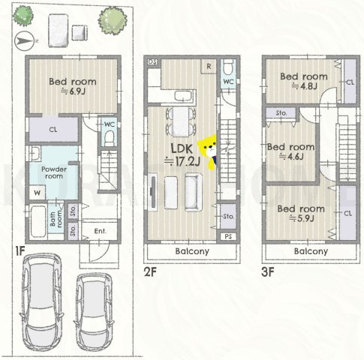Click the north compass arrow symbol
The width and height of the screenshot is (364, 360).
[x=24, y=41]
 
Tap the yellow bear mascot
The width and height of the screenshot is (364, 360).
[x=208, y=151]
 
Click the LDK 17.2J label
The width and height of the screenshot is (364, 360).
[x=182, y=155]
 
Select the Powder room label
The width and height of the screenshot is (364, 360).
[x=54, y=172]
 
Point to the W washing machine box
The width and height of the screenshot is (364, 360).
[x=38, y=193]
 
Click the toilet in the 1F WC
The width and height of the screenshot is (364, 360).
[x=109, y=139]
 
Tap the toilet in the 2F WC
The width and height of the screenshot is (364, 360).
[x=227, y=67]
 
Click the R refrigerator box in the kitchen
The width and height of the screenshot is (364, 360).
[x=209, y=67]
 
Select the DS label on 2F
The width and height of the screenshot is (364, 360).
[x=152, y=61]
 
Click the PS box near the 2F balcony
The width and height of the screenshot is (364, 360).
[x=228, y=236]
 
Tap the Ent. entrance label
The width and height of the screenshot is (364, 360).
[x=101, y=231]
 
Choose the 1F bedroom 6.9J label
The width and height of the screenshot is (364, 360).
[x=73, y=86]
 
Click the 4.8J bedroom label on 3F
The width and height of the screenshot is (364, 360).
[x=304, y=81]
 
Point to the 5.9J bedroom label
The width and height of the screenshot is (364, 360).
[x=301, y=214]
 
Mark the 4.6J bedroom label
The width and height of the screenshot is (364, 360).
[x=290, y=151]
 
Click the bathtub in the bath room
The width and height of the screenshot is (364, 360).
[x=38, y=221]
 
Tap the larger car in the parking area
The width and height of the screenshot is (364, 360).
[x=42, y=304]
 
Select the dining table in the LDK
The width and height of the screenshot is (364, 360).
[x=181, y=121]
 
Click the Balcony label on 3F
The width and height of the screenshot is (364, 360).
[x=311, y=251]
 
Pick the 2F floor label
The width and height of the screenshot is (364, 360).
[x=150, y=272]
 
